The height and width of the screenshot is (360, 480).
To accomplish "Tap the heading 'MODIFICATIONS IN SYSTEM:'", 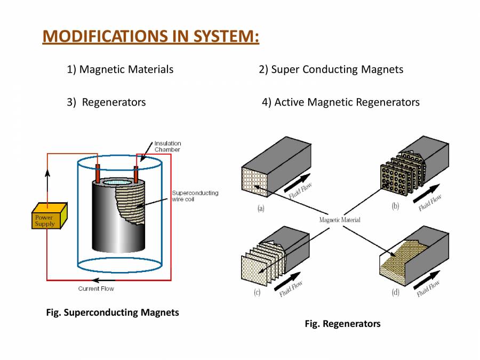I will tap(150, 36).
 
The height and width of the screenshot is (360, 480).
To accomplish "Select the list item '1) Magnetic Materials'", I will tap(120, 69).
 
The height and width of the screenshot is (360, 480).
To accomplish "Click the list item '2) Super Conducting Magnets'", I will tap(331, 69).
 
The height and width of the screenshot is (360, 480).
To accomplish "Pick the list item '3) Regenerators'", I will tap(106, 102).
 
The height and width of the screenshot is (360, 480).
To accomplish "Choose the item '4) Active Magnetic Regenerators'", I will tap(341, 102).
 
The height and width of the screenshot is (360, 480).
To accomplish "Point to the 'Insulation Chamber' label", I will tap(167, 146).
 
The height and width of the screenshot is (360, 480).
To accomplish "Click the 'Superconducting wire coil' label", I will tap(195, 196).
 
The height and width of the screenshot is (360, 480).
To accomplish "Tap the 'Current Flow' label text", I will tap(96, 289).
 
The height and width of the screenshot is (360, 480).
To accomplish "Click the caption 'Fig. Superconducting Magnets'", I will tap(113, 313).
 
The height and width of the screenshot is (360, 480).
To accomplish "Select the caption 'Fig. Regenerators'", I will tap(342, 324).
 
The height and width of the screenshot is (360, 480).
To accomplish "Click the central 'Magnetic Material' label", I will tap(340, 220).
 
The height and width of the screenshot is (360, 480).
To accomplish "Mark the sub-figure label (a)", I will tap(260, 209).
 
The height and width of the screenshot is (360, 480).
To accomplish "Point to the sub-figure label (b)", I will tap(395, 206).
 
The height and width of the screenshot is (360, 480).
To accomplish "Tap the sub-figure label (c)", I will tap(258, 292).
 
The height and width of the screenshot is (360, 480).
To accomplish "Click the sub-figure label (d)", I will tap(395, 292).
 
